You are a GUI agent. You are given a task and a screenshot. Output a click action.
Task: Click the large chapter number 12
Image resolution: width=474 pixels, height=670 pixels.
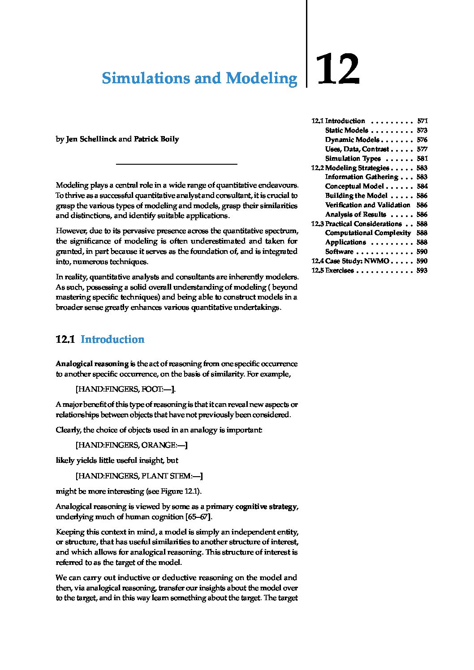pos(338,69)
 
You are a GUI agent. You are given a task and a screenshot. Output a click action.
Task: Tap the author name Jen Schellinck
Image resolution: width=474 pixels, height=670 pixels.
pos(91,139)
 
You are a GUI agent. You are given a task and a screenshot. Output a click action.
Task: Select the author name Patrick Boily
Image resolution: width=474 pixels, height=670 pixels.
pos(156,139)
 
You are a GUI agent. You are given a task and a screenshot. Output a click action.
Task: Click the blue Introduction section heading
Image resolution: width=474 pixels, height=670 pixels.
pos(112,339)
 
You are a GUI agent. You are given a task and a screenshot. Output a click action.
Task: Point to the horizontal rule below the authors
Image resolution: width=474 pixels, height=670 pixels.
pos(177,165)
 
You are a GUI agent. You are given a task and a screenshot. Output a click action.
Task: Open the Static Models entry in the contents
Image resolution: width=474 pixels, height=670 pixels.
pos(346,130)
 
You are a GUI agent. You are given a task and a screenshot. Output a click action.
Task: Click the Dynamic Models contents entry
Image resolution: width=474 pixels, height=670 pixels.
pos(352,140)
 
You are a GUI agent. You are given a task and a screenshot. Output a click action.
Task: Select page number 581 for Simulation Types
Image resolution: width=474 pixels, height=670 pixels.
pos(422,158)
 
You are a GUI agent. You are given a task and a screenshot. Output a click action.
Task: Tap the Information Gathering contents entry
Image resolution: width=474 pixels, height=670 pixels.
pos(361,177)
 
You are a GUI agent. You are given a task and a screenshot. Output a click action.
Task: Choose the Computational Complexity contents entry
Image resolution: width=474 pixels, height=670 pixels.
pos(367,233)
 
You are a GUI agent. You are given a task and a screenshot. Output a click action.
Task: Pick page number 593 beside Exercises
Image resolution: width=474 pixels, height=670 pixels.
pos(422,270)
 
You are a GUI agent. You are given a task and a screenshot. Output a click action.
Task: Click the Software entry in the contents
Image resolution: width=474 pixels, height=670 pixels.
pos(339,252)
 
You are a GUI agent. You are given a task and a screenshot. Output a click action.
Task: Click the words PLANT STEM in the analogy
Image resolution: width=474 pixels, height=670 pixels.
pos(166,476)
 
